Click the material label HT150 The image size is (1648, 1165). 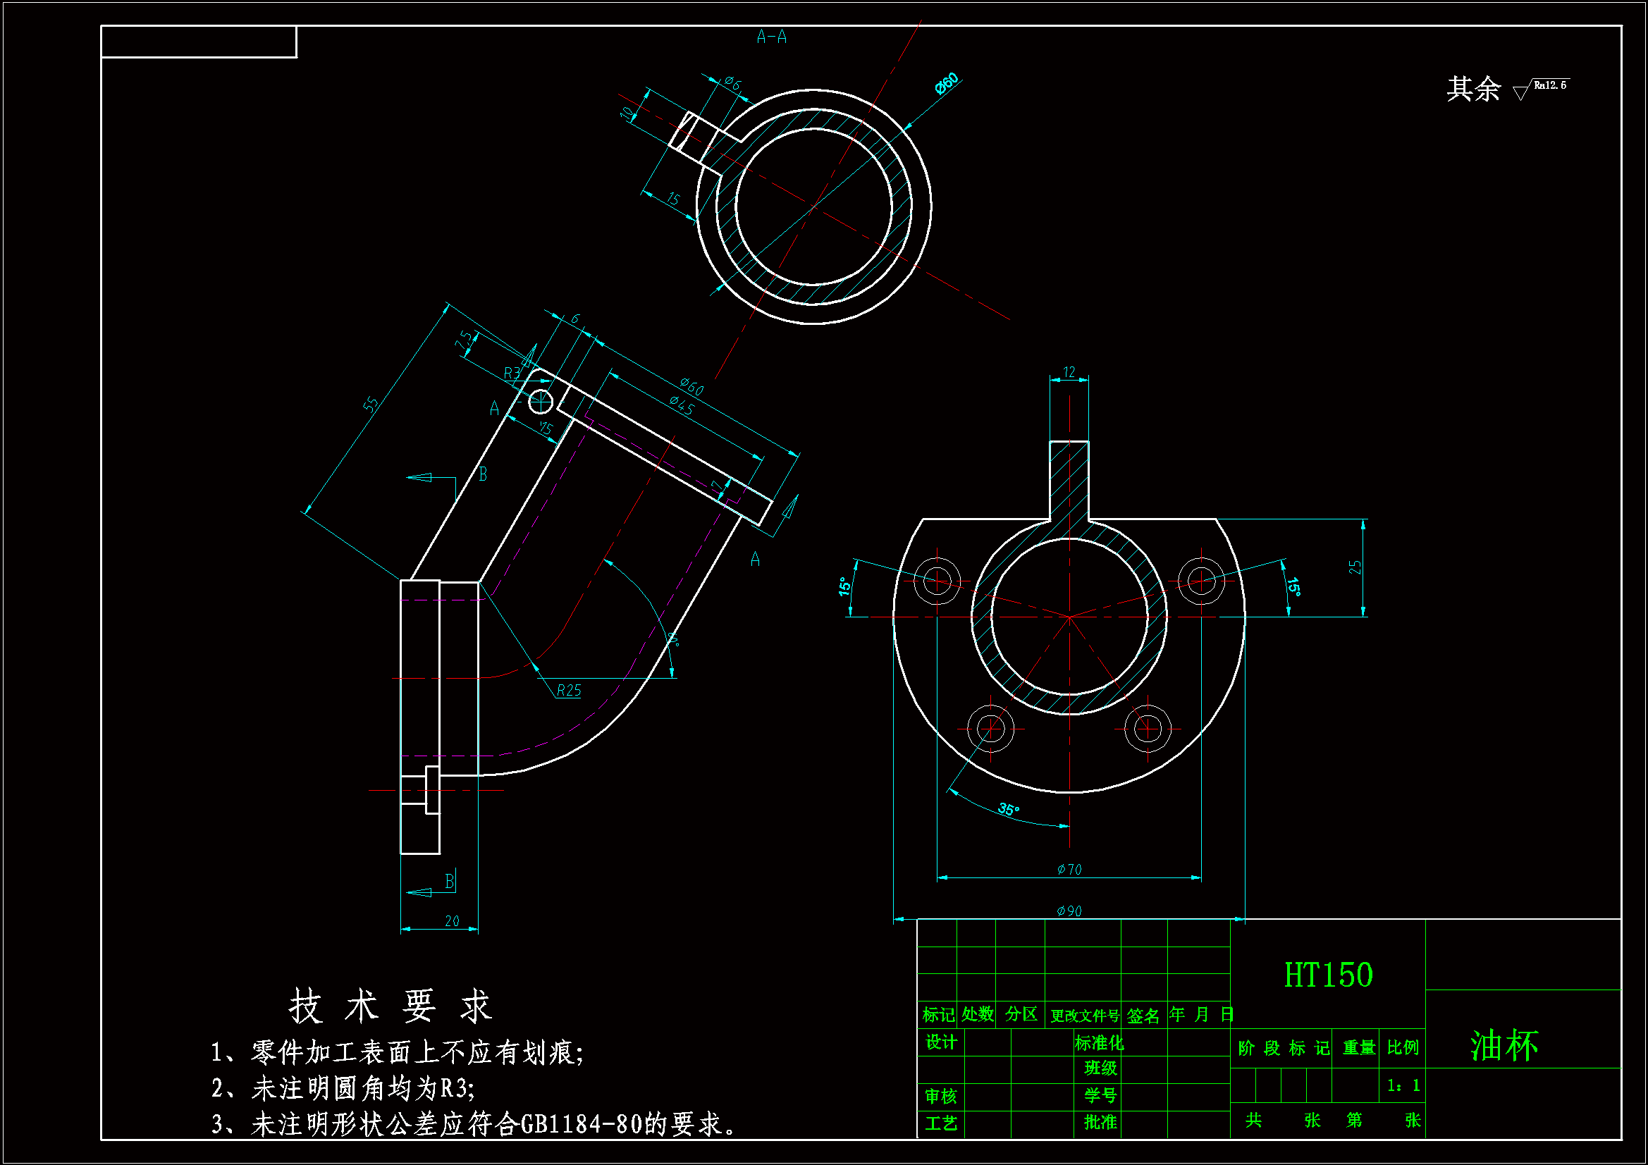click(1328, 975)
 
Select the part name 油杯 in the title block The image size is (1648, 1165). click(1504, 1045)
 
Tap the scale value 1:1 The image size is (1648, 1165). click(1403, 1085)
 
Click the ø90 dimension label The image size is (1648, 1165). click(1069, 911)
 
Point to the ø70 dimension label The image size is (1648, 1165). click(1069, 869)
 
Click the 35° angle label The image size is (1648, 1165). click(1008, 810)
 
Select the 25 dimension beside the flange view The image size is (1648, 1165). click(1355, 567)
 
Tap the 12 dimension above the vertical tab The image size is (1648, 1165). click(1069, 372)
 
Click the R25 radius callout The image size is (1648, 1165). click(568, 691)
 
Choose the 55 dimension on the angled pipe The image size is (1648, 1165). click(370, 405)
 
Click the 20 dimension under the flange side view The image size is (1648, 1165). click(452, 921)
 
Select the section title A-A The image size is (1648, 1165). click(772, 37)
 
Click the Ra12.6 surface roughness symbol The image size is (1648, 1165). click(1543, 87)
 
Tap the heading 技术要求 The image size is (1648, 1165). click(391, 1006)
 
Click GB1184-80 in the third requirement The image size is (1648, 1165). click(581, 1124)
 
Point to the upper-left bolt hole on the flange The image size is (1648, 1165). click(937, 580)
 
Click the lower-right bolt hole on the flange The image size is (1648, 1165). click(1147, 729)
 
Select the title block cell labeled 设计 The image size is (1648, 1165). click(940, 1042)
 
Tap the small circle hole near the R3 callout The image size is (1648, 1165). click(541, 402)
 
